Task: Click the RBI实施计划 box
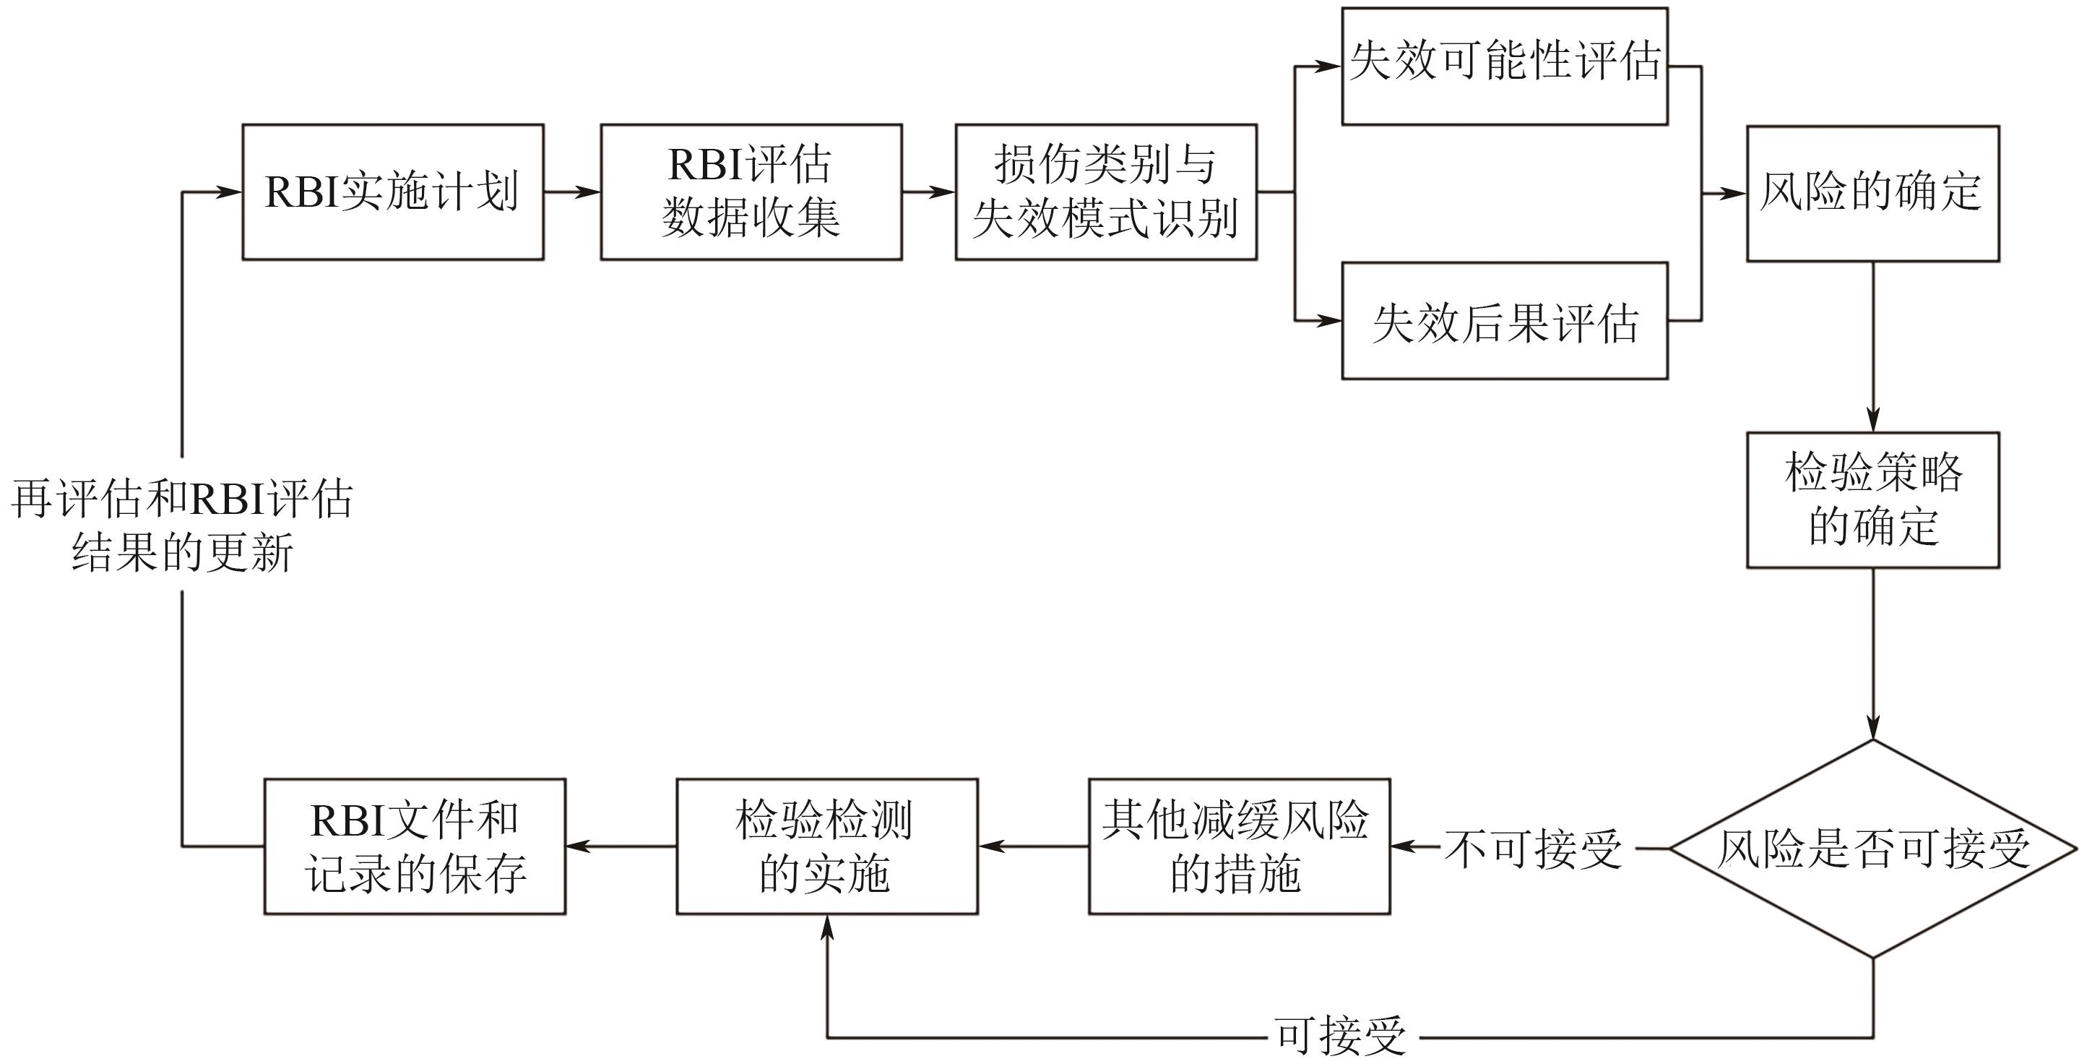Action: tap(393, 192)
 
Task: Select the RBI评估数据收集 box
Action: tap(751, 192)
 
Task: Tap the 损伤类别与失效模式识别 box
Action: tap(1106, 192)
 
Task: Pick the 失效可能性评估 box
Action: tap(1505, 66)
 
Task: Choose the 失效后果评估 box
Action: tap(1505, 321)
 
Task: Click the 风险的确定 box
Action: tap(1872, 194)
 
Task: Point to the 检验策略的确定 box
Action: tap(1872, 500)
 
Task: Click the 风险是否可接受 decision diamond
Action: tap(1873, 849)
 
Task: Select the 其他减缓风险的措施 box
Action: tap(1239, 847)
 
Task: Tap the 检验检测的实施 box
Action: tap(827, 847)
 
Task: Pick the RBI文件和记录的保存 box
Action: tap(415, 847)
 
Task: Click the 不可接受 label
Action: tap(1533, 849)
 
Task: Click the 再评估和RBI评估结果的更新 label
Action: tap(181, 525)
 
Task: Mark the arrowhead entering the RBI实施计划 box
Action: tap(228, 192)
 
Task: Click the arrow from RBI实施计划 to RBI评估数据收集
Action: tap(572, 192)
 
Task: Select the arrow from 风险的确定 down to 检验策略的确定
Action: tap(1872, 347)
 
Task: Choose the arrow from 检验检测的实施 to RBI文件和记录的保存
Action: tap(621, 847)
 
